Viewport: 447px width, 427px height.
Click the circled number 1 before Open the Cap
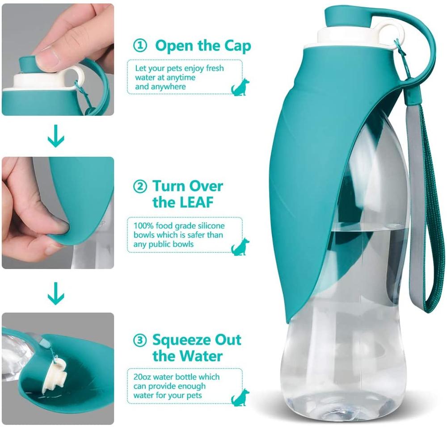pyautogui.click(x=140, y=45)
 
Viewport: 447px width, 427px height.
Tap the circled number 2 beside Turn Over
pyautogui.click(x=140, y=186)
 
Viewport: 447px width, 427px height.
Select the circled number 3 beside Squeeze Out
pyautogui.click(x=140, y=340)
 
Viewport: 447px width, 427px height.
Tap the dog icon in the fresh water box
pyautogui.click(x=240, y=88)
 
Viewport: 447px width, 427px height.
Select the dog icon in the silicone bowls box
pyautogui.click(x=240, y=247)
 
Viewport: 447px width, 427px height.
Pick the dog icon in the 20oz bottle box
pyautogui.click(x=240, y=398)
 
